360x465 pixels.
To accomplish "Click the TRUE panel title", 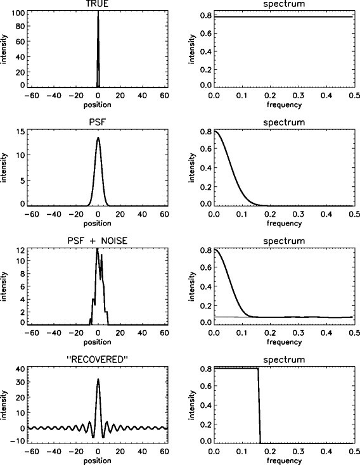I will tap(98, 4).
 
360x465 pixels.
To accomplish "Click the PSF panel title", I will tap(98, 122).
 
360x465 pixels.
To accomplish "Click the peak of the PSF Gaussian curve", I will tap(98, 138).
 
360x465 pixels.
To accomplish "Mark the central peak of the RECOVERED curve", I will tap(98, 380).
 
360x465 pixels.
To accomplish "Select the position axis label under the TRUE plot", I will tap(98, 104).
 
